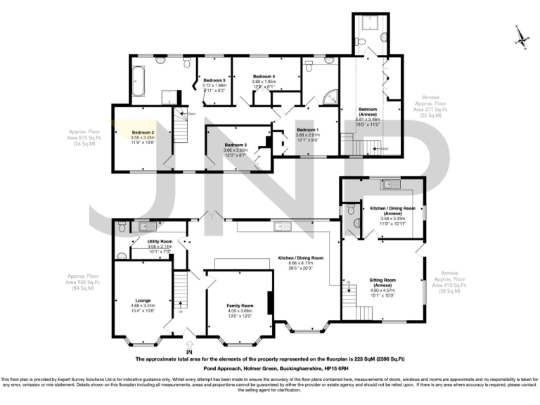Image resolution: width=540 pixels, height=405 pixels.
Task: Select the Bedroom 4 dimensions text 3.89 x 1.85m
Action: pos(264,81)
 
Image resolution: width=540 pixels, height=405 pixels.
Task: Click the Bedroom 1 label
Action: pos(307,130)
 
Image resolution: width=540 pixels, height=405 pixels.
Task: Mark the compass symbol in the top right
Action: pos(520,37)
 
